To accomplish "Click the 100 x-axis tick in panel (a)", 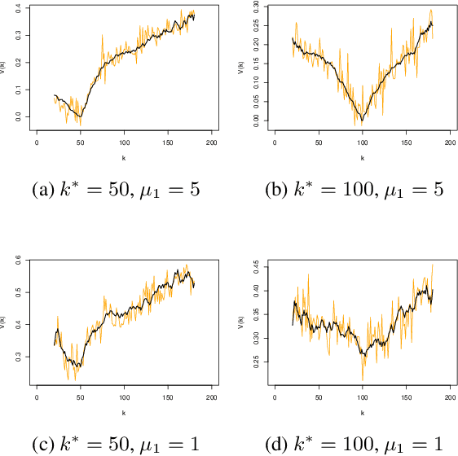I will [x=124, y=142].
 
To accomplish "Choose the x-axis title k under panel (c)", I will [x=124, y=414].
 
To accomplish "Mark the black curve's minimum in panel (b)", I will [x=363, y=121].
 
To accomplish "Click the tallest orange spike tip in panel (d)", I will [x=432, y=265].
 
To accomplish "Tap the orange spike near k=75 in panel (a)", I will [x=102, y=35].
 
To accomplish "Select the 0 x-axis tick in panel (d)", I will [x=275, y=399].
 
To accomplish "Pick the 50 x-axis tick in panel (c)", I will [x=80, y=399].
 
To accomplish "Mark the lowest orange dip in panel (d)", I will [x=363, y=379].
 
